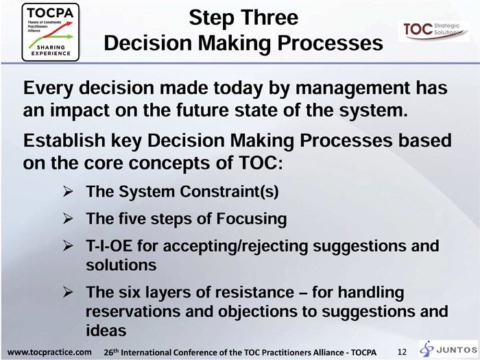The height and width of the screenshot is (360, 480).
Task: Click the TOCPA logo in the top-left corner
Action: click(51, 32)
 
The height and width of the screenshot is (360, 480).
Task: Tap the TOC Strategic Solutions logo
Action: click(433, 31)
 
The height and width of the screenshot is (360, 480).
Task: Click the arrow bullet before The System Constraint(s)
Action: click(68, 191)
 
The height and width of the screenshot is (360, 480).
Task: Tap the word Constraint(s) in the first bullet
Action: click(229, 192)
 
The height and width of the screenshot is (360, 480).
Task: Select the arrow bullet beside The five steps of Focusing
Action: click(68, 219)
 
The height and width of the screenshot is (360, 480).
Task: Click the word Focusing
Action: click(252, 219)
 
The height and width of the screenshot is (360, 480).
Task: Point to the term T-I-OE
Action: click(109, 245)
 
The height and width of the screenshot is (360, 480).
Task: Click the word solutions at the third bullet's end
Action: click(121, 265)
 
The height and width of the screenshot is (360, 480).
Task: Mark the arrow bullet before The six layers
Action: click(68, 292)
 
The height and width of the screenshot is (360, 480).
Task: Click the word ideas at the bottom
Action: click(106, 331)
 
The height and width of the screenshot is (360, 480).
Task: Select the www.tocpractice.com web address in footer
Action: click(49, 352)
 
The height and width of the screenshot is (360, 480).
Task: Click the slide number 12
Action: click(403, 352)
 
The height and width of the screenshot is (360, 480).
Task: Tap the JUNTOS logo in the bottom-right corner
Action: click(448, 349)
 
